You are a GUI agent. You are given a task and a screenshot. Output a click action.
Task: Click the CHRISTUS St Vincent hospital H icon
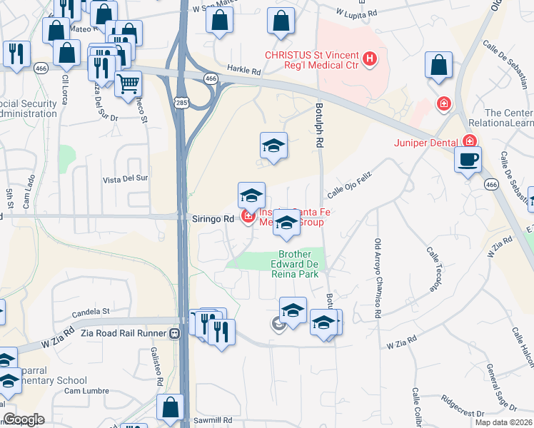370,59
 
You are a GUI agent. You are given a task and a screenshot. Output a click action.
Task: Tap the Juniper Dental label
425,142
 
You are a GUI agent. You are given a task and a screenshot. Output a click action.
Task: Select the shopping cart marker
128,83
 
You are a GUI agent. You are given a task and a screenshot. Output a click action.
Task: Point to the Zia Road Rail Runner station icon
174,333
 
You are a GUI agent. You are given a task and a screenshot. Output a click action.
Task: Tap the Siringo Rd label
213,219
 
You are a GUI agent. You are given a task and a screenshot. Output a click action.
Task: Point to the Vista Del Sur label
126,178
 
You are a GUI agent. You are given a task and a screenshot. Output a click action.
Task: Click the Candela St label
91,312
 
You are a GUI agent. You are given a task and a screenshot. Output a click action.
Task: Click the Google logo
24,420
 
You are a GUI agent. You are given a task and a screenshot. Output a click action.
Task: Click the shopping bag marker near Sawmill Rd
171,408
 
